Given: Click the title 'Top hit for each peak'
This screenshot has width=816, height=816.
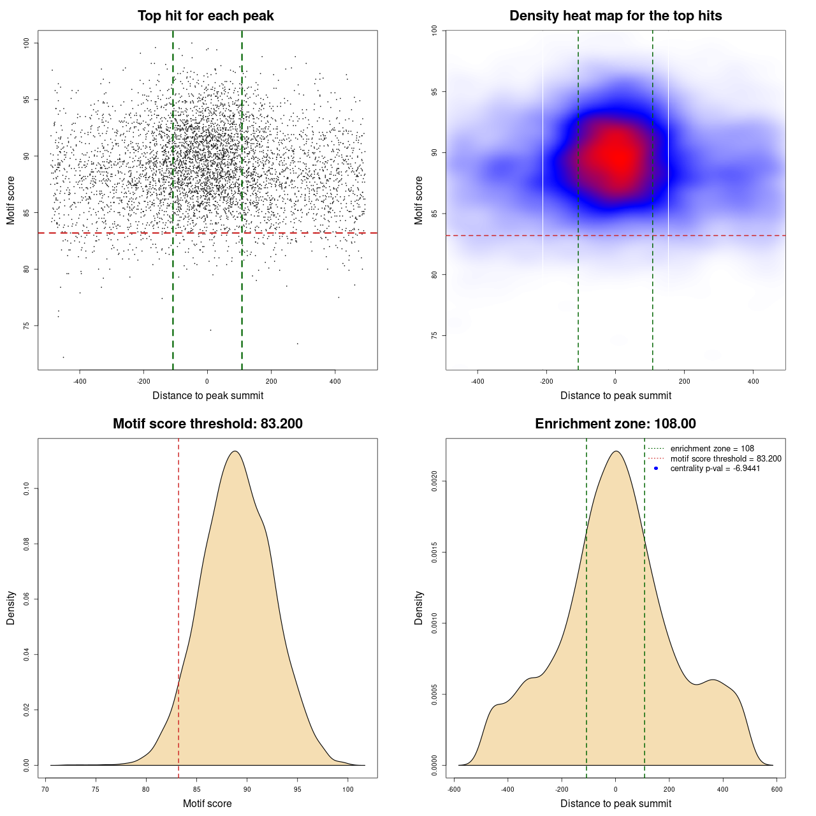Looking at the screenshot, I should pyautogui.click(x=205, y=16).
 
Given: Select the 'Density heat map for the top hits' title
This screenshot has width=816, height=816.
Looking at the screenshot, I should pyautogui.click(x=615, y=16).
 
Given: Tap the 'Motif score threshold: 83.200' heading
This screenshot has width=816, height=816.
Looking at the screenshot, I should pyautogui.click(x=207, y=424).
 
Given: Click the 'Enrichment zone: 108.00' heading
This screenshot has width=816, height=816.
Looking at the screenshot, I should pyautogui.click(x=615, y=424).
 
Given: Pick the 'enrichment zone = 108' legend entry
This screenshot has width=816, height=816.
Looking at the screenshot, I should pyautogui.click(x=711, y=449).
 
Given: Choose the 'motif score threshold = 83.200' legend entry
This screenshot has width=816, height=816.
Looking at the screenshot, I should pyautogui.click(x=725, y=459).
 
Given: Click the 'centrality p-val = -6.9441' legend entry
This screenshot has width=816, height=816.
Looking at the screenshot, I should pyautogui.click(x=715, y=469).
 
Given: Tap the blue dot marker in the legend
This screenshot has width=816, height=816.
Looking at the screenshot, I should pyautogui.click(x=656, y=469).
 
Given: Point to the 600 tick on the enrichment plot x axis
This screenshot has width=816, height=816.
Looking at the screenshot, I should pyautogui.click(x=776, y=790).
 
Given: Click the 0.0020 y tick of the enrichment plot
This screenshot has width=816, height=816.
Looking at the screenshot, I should pyautogui.click(x=434, y=481).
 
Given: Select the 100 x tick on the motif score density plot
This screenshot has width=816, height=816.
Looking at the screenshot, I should pyautogui.click(x=347, y=790).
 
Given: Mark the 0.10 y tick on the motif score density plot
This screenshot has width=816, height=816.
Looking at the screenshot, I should pyautogui.click(x=26, y=489).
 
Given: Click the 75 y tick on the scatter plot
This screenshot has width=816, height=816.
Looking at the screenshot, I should pyautogui.click(x=26, y=326).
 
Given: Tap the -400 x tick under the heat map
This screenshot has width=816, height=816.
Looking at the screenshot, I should pyautogui.click(x=477, y=382).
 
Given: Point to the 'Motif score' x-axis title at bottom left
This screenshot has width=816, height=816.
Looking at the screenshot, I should pyautogui.click(x=207, y=803).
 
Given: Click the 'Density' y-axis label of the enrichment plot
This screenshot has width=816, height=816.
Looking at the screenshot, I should pyautogui.click(x=419, y=608).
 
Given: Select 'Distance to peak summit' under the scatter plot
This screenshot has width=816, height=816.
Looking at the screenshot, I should pyautogui.click(x=208, y=395).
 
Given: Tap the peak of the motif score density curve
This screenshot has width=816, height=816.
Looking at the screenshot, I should pyautogui.click(x=235, y=451).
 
